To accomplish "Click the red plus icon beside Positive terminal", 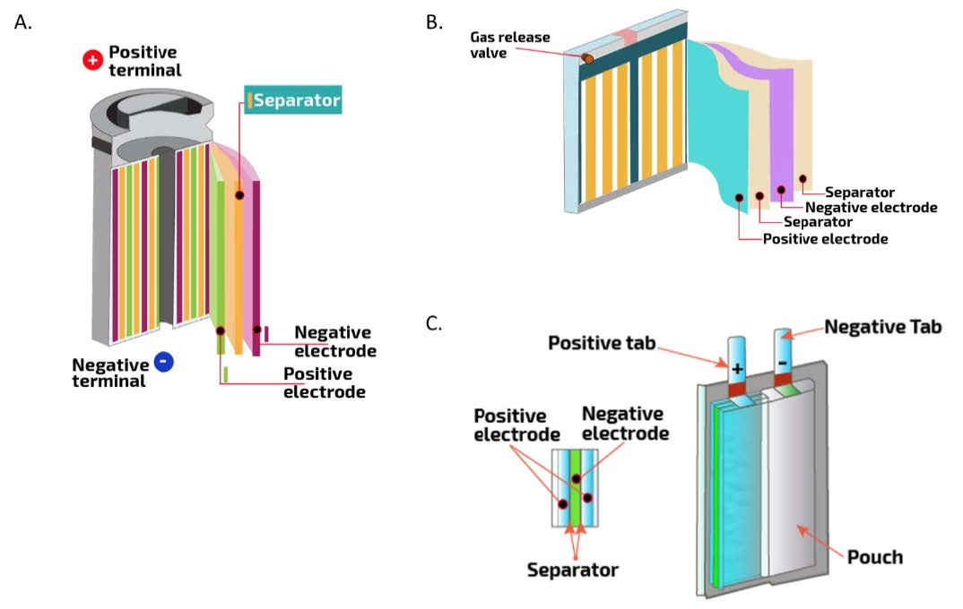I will tap(92, 60).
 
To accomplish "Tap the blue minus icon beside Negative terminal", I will tap(163, 362).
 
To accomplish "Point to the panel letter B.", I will tap(434, 22).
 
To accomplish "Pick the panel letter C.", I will tap(434, 323).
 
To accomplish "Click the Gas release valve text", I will tap(510, 45).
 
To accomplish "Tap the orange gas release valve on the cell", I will tap(587, 58).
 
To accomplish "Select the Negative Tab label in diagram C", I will tap(882, 327).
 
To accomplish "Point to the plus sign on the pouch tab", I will tap(738, 368).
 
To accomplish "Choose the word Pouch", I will tap(874, 557).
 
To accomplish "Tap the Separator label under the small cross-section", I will tap(572, 569).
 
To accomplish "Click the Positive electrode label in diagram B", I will tap(825, 239).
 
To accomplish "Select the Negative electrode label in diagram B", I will tap(871, 208).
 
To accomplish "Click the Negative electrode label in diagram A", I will tap(334, 341).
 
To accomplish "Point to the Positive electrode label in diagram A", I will tap(324, 382).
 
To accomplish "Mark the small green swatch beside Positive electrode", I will tap(226, 374).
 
